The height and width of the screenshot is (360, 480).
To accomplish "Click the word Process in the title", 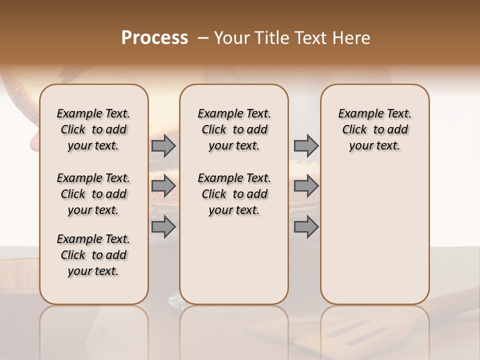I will click(154, 38).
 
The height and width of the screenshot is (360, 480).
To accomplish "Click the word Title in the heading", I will click(269, 38).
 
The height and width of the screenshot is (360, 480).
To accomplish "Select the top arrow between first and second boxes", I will click(163, 145).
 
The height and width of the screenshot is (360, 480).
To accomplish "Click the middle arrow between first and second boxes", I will click(163, 186).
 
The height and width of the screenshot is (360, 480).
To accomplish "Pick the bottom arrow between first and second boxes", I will click(163, 226).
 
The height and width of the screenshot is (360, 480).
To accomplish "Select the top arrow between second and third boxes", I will click(306, 145).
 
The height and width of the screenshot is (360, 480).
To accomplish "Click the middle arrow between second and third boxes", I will click(306, 186).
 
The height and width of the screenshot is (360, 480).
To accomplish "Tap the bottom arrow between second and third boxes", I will click(306, 226).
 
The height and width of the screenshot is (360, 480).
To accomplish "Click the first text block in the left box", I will click(93, 129).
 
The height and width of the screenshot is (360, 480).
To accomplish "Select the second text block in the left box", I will click(93, 194).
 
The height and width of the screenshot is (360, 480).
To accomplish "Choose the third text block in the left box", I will click(93, 255).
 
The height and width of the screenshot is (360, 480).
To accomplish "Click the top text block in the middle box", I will click(234, 129).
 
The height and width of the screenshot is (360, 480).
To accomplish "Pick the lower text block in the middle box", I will click(234, 194).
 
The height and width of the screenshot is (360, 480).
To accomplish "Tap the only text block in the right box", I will click(375, 129).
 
